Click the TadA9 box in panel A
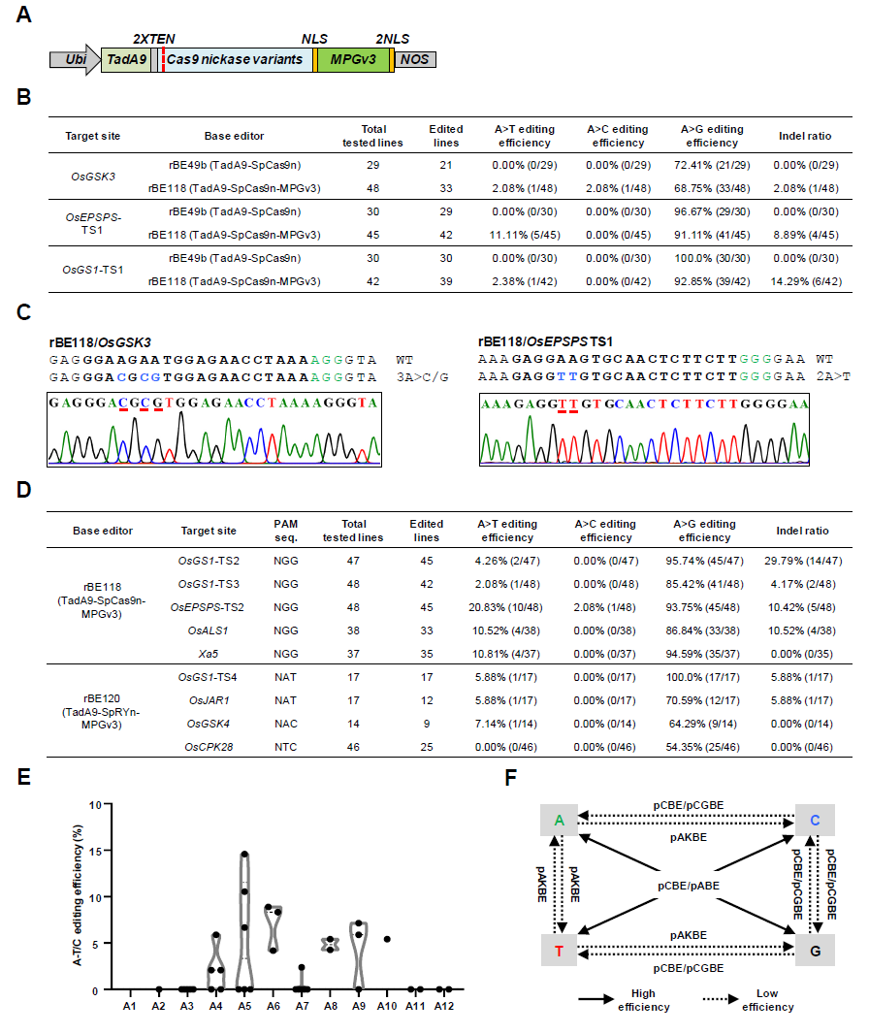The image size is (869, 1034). click(x=127, y=59)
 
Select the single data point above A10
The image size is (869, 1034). click(x=387, y=939)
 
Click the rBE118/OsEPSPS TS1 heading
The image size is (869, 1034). click(x=546, y=341)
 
